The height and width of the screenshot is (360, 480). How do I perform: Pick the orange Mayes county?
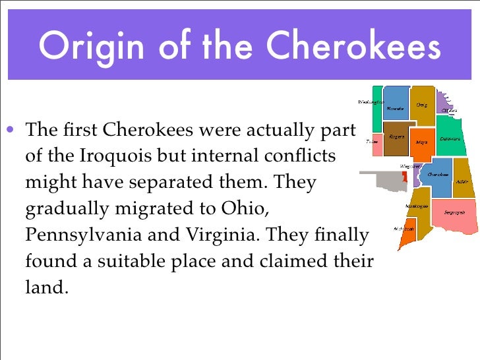(421, 140)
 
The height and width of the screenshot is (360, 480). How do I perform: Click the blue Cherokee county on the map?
(437, 175)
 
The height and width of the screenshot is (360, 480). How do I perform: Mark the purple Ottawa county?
(450, 109)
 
